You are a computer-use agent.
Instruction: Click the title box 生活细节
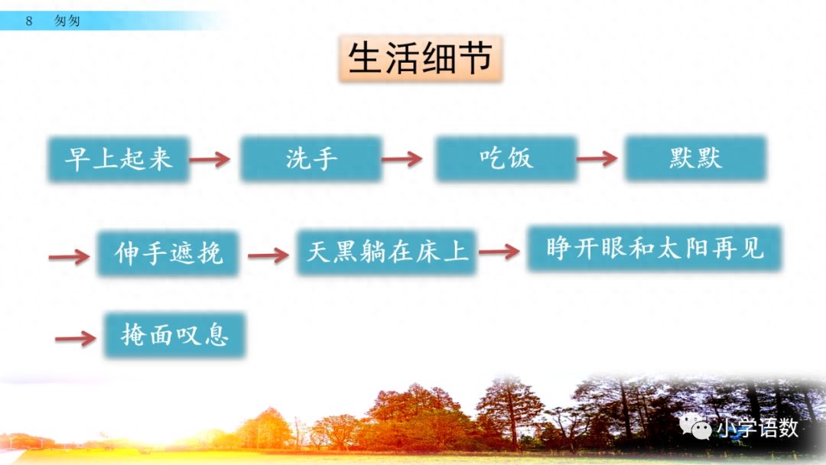(x=420, y=58)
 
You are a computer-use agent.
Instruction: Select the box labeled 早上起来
(x=119, y=159)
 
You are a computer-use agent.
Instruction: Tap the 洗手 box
(x=311, y=159)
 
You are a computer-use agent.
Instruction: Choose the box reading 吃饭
(x=506, y=159)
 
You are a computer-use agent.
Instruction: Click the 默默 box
(x=694, y=158)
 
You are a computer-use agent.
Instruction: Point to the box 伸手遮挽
(x=168, y=252)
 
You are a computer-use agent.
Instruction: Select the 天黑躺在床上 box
(x=387, y=252)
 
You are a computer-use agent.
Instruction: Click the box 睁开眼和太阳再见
(x=655, y=249)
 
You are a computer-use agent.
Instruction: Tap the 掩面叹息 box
(x=175, y=335)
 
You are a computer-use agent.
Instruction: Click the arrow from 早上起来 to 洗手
(x=210, y=159)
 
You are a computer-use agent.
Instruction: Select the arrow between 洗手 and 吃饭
(x=402, y=159)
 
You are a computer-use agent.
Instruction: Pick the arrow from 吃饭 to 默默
(x=597, y=159)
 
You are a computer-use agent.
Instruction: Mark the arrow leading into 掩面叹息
(x=76, y=338)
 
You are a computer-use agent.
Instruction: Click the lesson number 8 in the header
(x=29, y=21)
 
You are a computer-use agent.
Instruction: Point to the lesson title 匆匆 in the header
(x=67, y=21)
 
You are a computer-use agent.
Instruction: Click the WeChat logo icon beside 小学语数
(x=696, y=427)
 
